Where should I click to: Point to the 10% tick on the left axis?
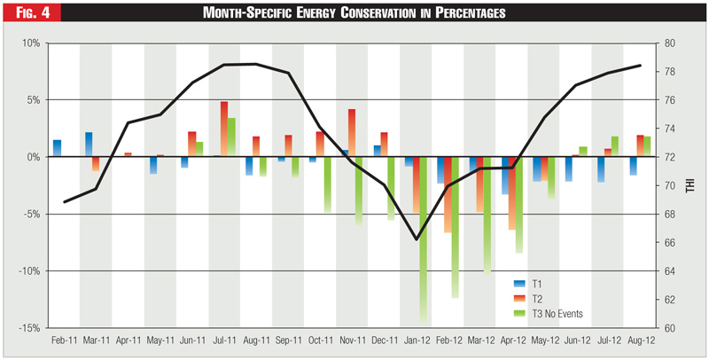29,43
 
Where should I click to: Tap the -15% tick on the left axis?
27,328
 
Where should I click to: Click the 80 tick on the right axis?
670,43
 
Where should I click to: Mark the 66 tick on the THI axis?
670,243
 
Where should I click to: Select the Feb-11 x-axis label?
65,340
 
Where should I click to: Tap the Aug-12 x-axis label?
641,340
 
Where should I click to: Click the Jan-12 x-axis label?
417,340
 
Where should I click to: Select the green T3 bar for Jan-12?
424,239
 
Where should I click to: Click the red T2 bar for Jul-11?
224,129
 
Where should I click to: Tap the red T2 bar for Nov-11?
352,133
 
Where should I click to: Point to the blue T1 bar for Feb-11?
57,148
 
